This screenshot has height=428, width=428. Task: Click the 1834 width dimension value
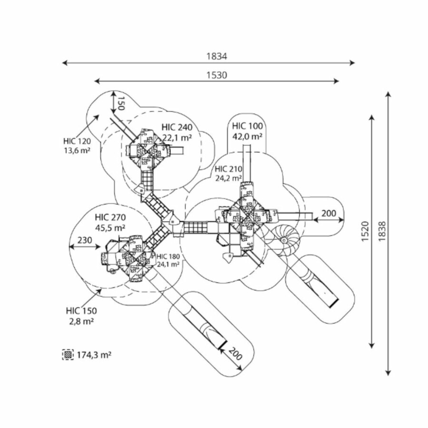point(216,56)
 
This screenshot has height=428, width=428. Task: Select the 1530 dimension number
point(216,75)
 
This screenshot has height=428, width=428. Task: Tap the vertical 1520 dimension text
point(365,231)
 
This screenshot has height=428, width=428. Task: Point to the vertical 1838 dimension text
point(382,231)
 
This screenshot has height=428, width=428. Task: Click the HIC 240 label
point(176,127)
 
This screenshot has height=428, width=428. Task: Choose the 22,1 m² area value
point(176,137)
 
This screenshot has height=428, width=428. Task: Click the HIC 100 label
point(247,126)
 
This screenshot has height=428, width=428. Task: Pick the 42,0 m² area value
point(247,136)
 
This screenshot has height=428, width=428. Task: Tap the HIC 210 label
point(228,169)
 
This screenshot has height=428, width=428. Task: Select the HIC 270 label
point(110,218)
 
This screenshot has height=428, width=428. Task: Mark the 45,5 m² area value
point(110,227)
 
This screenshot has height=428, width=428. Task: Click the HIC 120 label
point(77,141)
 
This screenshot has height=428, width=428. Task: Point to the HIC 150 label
point(81,311)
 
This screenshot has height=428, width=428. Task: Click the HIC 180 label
point(168,257)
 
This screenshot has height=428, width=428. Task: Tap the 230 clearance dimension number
point(85,241)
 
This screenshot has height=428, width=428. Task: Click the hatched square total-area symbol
point(68,354)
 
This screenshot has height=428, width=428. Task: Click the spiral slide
point(284,237)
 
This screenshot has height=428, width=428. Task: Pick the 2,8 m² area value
point(81,321)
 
